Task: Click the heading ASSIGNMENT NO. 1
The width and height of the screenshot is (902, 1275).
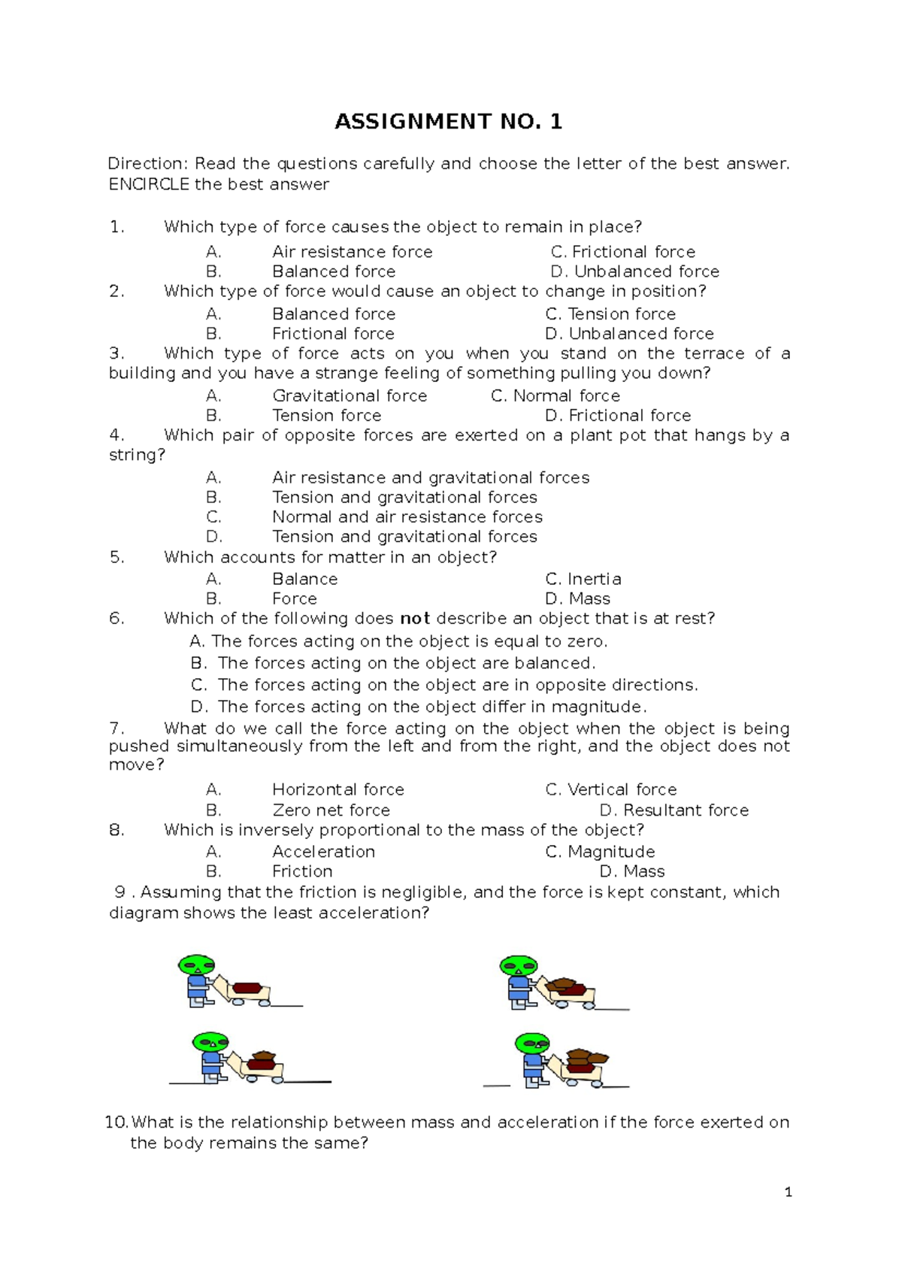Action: (448, 122)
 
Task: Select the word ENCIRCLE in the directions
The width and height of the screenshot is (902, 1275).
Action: (149, 185)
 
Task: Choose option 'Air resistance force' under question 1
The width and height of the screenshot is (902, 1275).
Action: (352, 252)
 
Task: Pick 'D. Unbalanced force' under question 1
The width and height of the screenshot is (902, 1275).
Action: (634, 271)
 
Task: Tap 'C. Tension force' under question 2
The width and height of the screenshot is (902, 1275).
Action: (610, 314)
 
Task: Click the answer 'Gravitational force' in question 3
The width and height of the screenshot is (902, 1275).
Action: (350, 396)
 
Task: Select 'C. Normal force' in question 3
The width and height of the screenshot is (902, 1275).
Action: (555, 396)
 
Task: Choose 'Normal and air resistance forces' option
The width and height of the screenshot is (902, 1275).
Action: (407, 517)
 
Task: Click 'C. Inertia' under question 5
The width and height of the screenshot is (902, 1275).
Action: (583, 580)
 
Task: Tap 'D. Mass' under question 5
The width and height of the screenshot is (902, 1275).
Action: (577, 599)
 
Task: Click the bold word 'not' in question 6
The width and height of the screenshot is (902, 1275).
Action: (414, 619)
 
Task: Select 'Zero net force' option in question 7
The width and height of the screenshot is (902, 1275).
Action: (331, 810)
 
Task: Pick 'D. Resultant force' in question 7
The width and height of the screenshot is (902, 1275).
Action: (673, 810)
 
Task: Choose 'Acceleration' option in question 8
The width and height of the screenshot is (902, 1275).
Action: (323, 852)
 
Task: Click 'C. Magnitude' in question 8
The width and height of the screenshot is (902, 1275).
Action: (599, 852)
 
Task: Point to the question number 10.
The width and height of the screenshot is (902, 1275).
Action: (117, 1122)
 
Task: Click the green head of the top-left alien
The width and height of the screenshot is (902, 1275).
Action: (197, 965)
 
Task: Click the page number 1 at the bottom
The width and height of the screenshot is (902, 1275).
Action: (788, 1192)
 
